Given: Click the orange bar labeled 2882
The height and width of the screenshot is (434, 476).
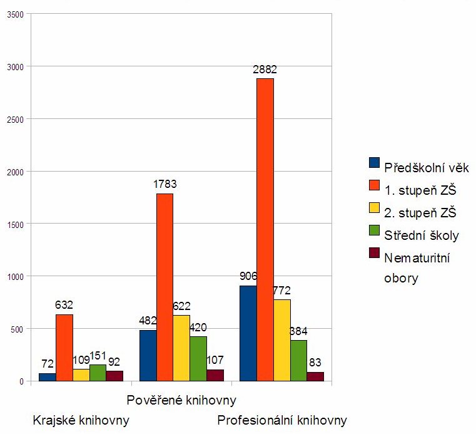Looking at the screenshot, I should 265,229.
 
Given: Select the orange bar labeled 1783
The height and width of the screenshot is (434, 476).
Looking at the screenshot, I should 165,287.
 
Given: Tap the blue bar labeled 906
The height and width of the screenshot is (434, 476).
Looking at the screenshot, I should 248,333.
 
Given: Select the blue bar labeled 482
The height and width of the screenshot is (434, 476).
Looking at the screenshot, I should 148,355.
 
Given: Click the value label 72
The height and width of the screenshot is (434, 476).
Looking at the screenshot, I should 47,364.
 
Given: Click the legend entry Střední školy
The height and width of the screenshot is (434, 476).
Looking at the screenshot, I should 421,235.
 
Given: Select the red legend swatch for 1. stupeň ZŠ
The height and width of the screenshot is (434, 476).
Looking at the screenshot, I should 375,185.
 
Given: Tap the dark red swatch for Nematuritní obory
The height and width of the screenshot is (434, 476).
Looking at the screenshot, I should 375,252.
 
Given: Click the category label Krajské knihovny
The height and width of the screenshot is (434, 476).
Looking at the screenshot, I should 81,420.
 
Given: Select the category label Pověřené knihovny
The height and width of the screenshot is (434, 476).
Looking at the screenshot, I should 181,400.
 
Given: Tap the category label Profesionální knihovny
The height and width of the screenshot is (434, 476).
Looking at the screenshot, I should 281,420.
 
